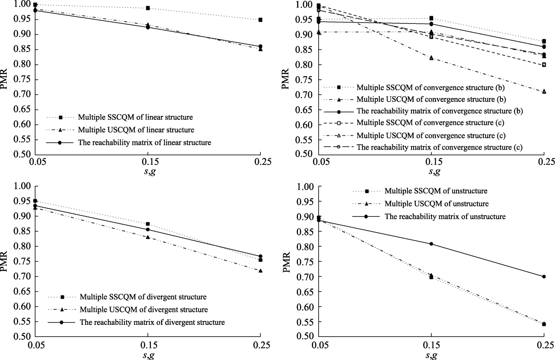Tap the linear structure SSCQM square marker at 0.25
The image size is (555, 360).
point(260,20)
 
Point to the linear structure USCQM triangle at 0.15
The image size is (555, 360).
point(148,25)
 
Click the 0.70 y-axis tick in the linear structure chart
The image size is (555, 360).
point(22,95)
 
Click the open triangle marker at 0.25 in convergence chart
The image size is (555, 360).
point(544,92)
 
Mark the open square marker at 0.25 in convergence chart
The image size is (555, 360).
point(544,65)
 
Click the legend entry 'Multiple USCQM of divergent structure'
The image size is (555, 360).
point(143,310)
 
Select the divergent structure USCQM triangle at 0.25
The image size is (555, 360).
point(260,271)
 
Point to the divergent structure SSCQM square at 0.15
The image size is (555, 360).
point(148,224)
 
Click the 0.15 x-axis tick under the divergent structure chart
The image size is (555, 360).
point(148,345)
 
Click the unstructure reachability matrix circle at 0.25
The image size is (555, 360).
point(544,276)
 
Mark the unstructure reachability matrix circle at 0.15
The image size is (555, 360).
point(431,244)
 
